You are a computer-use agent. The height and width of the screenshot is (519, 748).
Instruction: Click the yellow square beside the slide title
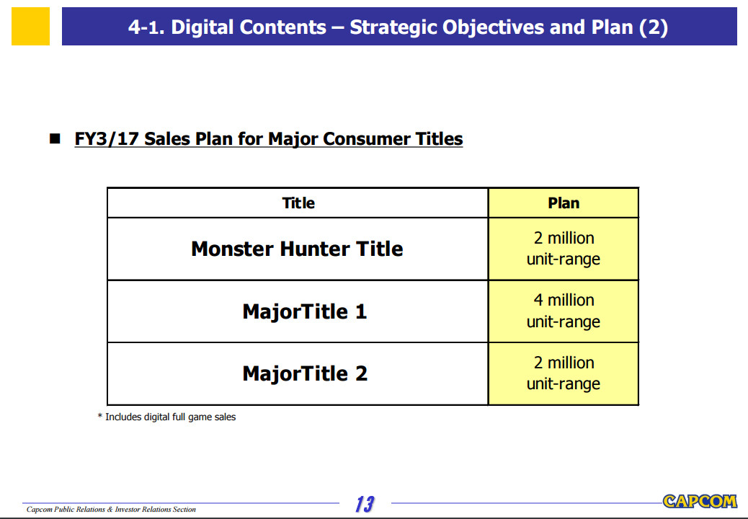[x=30, y=26]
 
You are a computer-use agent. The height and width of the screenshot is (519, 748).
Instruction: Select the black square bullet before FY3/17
[x=55, y=139]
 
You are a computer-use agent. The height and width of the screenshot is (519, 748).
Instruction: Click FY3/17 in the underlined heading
[x=107, y=139]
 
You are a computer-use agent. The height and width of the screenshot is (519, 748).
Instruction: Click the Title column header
[x=298, y=203]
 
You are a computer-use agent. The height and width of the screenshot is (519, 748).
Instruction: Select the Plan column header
[x=564, y=203]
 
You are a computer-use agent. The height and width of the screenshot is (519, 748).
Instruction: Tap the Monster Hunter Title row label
[x=297, y=249]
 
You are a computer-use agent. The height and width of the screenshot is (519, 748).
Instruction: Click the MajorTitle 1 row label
[x=304, y=311]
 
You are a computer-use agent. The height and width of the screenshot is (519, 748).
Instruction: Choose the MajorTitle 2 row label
[x=305, y=373]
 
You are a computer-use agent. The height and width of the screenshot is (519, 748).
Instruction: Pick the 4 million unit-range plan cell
[x=564, y=311]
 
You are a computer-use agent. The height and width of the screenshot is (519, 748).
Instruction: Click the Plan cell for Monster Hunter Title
[x=564, y=249]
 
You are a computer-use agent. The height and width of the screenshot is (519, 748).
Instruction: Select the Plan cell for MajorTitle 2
[x=564, y=373]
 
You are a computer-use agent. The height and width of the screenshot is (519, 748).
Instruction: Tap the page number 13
[x=365, y=504]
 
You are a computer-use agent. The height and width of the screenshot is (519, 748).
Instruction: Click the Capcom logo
[x=700, y=502]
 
